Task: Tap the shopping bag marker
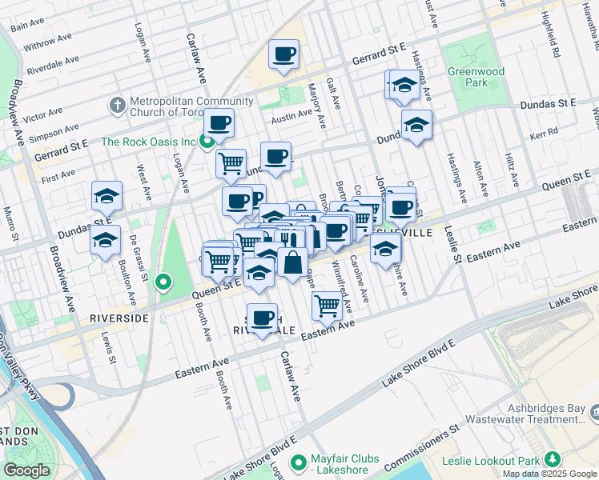pos(293,262)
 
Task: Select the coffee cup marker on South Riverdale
pos(262,318)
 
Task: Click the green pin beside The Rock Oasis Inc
pos(207,142)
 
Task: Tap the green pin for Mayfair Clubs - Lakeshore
pos(299,462)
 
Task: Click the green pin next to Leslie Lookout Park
pos(552,459)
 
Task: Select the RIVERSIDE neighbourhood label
pos(119,318)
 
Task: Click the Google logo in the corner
pos(26,470)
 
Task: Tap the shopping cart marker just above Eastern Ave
pos(326,305)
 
